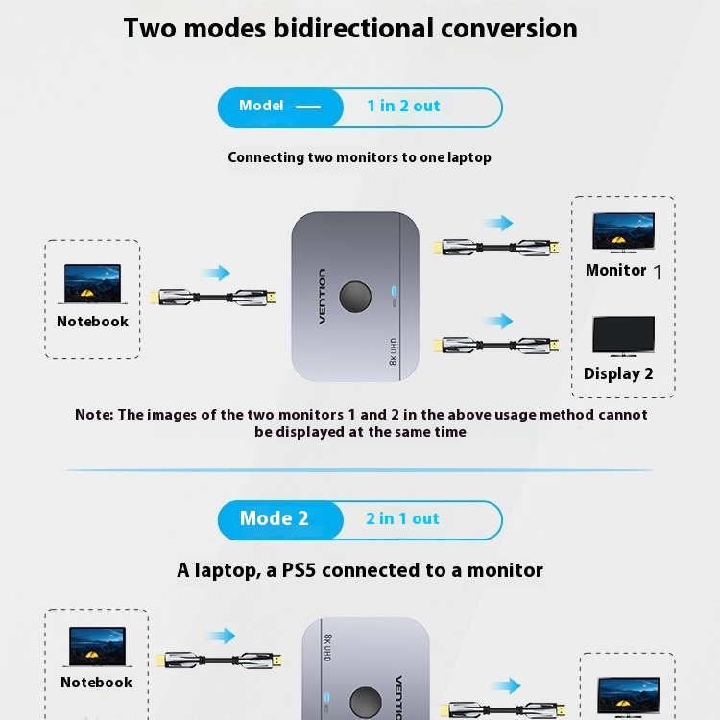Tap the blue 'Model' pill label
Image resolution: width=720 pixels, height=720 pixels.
pos(261,106)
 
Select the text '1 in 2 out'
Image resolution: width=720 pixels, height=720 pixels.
pos(403,106)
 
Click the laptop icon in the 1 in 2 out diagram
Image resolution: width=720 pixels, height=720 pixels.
pos(92,284)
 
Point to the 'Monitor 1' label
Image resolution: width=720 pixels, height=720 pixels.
pos(623,271)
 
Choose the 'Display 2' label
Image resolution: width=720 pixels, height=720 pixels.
pos(618,373)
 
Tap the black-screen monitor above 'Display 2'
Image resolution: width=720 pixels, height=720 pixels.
pos(624,336)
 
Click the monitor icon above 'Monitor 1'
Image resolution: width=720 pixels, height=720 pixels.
pos(624,232)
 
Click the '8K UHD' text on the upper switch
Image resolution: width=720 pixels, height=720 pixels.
pos(393,351)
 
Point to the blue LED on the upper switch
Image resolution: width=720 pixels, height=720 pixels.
pos(394,291)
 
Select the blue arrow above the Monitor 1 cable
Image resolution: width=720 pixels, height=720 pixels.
pos(498,223)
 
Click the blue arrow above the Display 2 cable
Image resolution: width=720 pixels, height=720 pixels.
pos(498,321)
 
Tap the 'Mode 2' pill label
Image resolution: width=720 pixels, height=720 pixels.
pos(274,518)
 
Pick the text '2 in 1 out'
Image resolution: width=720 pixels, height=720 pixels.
pos(402,518)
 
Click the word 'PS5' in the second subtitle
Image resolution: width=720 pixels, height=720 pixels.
pos(300,570)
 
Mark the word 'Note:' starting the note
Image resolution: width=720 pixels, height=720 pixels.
pos(94,415)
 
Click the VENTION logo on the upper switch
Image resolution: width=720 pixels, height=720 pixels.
pos(322,297)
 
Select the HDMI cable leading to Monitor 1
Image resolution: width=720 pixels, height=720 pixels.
pos(496,248)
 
